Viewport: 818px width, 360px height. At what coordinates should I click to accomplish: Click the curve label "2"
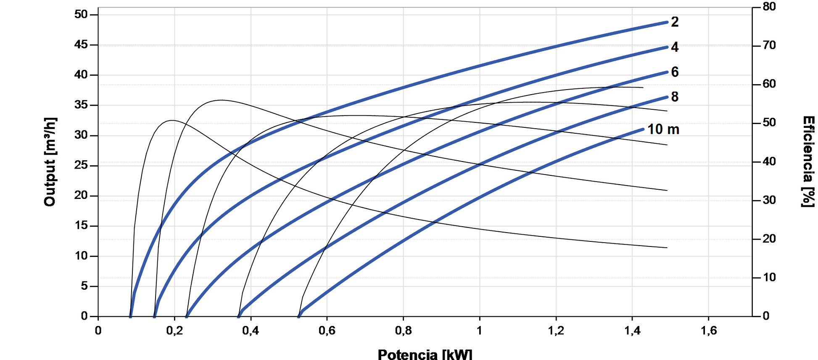pos(674,22)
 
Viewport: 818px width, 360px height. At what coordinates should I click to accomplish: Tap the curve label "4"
pos(674,47)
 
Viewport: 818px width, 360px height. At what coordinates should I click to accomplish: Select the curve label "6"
pos(674,72)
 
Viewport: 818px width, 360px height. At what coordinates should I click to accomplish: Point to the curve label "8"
pos(674,97)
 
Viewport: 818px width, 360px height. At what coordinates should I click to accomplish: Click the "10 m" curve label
pos(663,129)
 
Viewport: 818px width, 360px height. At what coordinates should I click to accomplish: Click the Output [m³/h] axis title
pos(50,162)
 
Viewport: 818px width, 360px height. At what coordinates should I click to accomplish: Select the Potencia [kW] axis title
pos(425,354)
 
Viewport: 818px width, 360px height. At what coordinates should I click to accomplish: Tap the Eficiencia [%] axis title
pos(808,162)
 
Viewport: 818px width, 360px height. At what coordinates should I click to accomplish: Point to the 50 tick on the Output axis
pos(81,14)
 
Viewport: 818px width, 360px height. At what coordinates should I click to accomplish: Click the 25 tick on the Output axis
pos(81,165)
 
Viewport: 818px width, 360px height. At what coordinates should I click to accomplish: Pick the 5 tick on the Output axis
pos(84,286)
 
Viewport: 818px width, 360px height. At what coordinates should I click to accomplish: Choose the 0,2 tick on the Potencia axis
pos(174,331)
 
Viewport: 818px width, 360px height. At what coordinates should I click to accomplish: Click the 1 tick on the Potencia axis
pos(480,331)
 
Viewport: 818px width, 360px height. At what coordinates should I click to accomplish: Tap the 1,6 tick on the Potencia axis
pos(709,331)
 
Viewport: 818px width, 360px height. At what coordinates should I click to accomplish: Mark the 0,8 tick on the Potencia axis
pos(403,331)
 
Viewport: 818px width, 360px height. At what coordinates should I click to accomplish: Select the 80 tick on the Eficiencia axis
pos(769,7)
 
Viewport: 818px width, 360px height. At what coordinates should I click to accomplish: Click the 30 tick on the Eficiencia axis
pos(769,200)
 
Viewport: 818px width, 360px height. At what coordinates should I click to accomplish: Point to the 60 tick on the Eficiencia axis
pos(769,84)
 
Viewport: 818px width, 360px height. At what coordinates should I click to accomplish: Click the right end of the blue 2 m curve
pos(667,22)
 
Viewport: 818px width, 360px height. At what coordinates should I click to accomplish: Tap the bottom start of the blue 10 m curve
pos(299,316)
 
